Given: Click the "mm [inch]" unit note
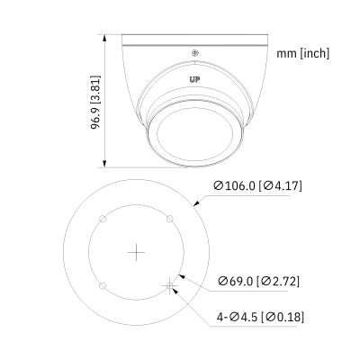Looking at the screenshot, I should point(304,54).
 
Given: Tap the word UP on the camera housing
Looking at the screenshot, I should point(193,78).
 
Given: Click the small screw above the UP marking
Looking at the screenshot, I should point(194,52).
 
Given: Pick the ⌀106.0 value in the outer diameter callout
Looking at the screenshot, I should point(236,187).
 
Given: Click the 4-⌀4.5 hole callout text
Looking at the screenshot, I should point(238,316).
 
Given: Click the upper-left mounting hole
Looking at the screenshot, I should point(103,219).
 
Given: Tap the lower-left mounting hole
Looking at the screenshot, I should point(103,285).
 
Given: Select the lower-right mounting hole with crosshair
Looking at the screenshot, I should point(168,285).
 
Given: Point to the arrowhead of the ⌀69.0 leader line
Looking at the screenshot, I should point(182,274).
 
